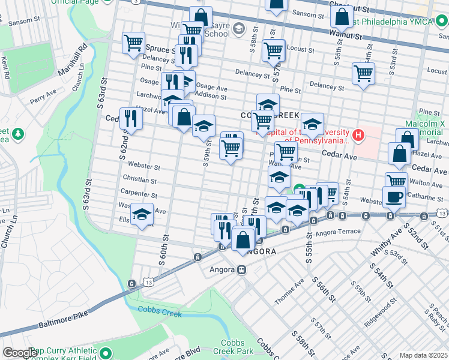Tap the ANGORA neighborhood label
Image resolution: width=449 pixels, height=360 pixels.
261,252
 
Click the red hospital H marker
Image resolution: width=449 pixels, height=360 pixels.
358,134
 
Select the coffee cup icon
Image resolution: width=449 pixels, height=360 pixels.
394,197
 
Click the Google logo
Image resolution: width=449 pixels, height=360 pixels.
19,353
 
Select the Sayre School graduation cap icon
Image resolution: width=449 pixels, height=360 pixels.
239,28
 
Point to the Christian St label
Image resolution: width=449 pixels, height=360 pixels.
139,180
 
